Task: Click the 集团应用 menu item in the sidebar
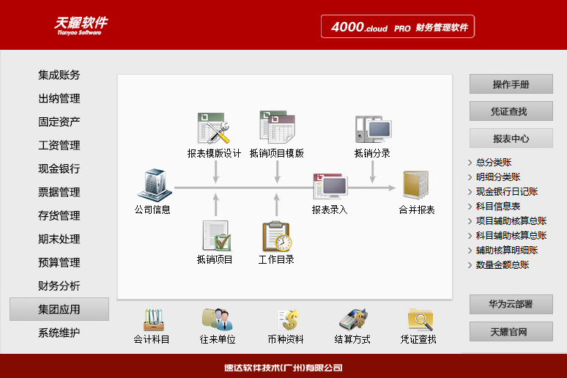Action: click(59, 309)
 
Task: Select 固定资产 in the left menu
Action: click(59, 122)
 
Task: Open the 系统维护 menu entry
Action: click(59, 333)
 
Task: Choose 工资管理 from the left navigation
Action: click(59, 145)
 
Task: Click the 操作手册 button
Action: click(511, 84)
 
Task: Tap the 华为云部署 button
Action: click(511, 304)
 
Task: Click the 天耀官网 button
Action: click(511, 331)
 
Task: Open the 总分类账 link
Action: click(494, 163)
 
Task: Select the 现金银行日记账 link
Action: click(507, 192)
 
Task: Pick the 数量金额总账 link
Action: click(503, 265)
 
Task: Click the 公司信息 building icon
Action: click(155, 185)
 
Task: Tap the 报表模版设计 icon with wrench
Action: click(214, 128)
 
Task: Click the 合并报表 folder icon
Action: click(416, 185)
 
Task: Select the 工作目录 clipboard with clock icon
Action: click(277, 236)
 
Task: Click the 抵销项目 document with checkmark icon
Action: click(217, 236)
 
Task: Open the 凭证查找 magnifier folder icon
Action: click(420, 319)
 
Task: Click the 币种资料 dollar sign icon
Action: click(289, 320)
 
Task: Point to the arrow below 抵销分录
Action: click(373, 172)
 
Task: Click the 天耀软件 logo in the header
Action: click(81, 26)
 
